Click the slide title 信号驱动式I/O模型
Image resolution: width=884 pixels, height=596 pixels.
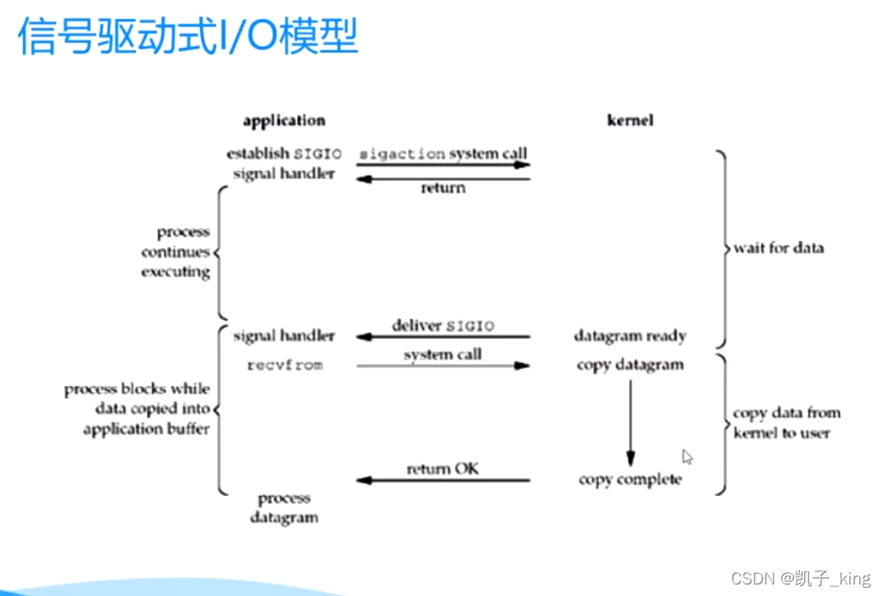[x=188, y=37]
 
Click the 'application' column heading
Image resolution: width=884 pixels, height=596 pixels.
[x=284, y=120]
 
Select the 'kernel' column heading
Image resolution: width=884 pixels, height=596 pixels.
[x=630, y=120]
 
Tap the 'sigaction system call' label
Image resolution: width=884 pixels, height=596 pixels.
[x=442, y=153]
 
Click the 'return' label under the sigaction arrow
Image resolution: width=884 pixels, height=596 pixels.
[x=442, y=188]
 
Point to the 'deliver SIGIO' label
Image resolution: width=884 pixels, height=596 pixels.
[x=442, y=326]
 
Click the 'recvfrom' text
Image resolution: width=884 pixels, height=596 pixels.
[x=284, y=365]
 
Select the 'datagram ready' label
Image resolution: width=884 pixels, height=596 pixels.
[x=630, y=337]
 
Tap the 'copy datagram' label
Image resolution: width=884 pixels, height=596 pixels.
[x=630, y=365]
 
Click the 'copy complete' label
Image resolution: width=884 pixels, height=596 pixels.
[x=630, y=479]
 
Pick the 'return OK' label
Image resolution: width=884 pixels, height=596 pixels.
[x=442, y=468]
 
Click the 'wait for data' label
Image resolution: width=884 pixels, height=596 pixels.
[x=779, y=248]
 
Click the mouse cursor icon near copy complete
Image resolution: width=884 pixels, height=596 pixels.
[x=688, y=457]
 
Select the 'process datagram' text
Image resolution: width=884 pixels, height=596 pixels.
[x=284, y=507]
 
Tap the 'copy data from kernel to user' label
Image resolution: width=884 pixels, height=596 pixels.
[x=787, y=422]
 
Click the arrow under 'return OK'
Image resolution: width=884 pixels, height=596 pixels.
[x=442, y=481]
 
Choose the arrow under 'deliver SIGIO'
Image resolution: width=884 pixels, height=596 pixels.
[x=442, y=337]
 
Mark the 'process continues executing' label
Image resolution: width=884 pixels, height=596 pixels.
[x=175, y=252]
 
